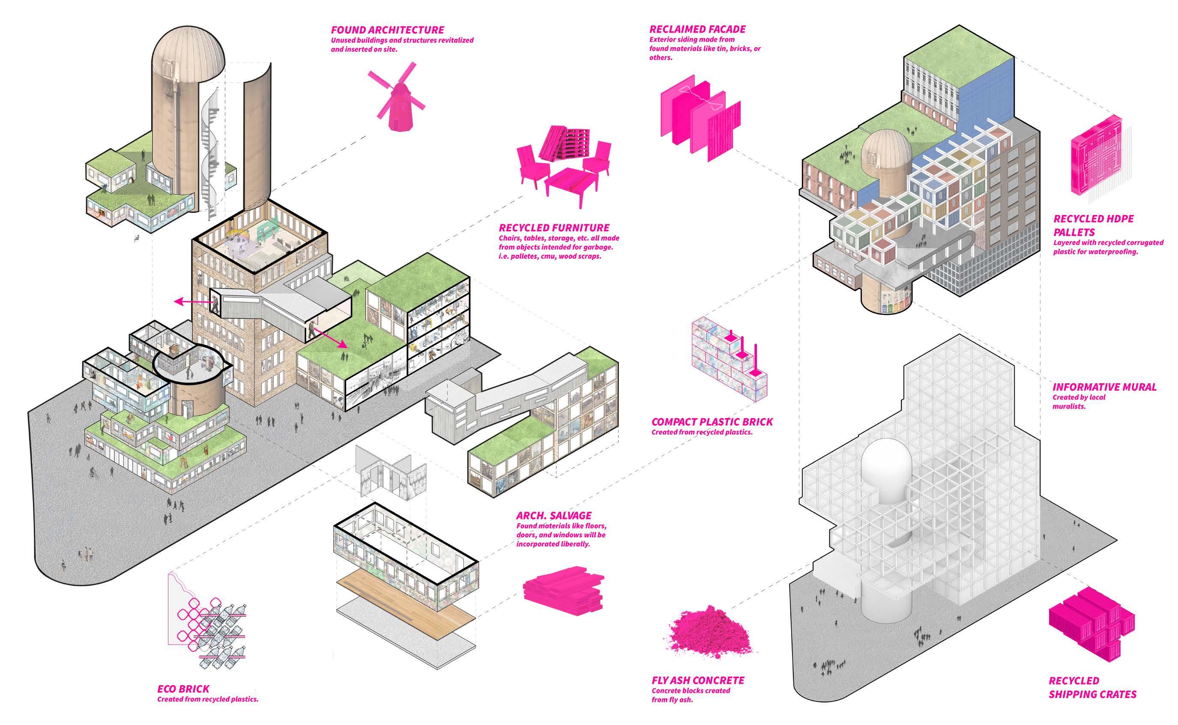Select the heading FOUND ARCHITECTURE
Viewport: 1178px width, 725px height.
[388, 30]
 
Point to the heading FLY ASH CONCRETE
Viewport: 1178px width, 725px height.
[698, 680]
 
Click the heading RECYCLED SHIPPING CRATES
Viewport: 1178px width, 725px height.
[1093, 688]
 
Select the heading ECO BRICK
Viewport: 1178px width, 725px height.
[183, 689]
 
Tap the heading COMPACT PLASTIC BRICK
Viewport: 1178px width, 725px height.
[712, 422]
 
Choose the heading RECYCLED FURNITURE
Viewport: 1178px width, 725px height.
[554, 228]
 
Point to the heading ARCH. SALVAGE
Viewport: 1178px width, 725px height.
[553, 516]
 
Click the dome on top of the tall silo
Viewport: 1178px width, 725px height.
[188, 53]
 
